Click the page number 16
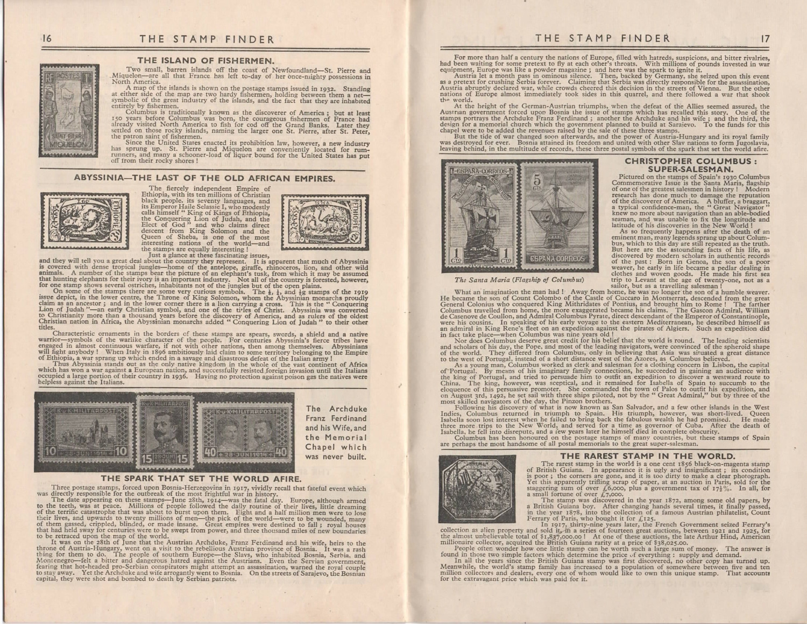coord(46,39)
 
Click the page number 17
coord(766,38)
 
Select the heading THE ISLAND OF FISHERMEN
coord(200,60)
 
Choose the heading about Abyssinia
coord(205,177)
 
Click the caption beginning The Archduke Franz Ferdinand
coord(336,432)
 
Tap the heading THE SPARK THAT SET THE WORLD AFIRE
coord(200,478)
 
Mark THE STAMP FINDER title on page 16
coord(207,39)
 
